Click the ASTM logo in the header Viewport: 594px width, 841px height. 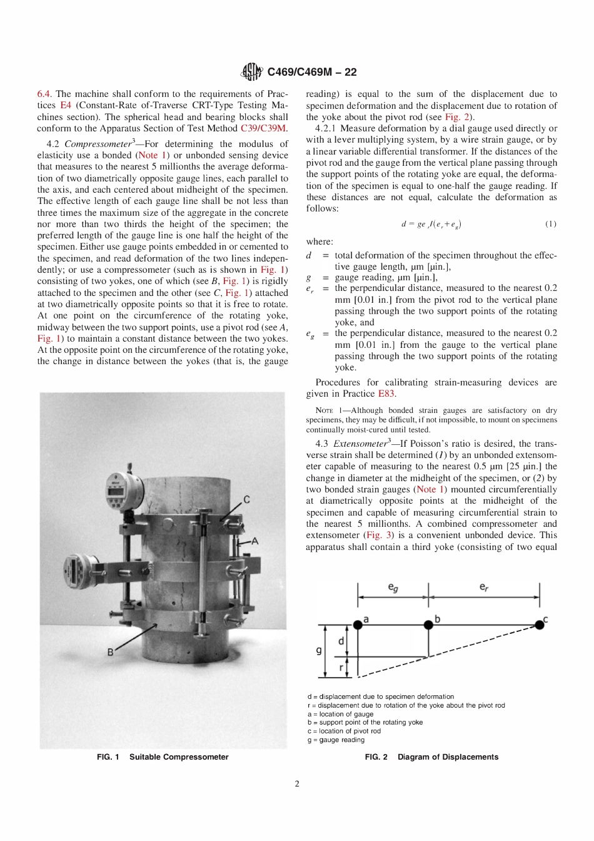[252, 72]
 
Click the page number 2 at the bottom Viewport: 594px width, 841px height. [297, 783]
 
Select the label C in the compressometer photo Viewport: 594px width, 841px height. [246, 499]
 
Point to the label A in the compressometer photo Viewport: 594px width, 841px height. [254, 541]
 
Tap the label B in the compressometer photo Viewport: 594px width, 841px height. [110, 652]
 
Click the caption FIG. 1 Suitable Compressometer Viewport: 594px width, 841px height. [163, 757]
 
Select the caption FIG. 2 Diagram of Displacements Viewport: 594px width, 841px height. [431, 757]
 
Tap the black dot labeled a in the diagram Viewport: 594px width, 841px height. [358, 624]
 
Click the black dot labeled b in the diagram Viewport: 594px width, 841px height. [428, 624]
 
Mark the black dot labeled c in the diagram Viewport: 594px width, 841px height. [539, 624]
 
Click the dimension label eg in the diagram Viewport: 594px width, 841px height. [393, 588]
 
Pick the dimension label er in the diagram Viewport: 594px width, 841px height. [483, 588]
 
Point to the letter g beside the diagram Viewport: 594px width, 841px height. [319, 650]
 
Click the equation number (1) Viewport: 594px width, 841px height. [550, 224]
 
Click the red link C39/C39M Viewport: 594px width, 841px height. [264, 128]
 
